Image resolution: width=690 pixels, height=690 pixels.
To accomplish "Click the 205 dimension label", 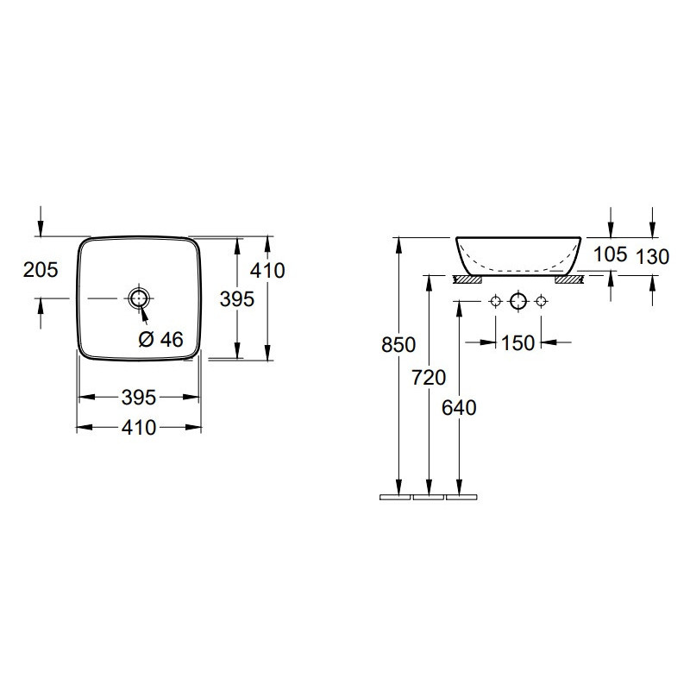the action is (x=41, y=270).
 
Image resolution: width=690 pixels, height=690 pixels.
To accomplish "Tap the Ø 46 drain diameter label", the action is (x=160, y=339).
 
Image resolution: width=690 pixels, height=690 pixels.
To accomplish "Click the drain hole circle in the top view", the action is (x=139, y=298).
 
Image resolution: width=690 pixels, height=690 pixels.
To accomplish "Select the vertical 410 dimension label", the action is (x=267, y=270).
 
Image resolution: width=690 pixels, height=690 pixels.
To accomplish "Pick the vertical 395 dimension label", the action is (x=237, y=299).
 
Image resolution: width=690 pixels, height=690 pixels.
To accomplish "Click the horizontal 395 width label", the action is (x=139, y=398).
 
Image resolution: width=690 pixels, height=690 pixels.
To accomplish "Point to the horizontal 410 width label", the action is (x=139, y=427).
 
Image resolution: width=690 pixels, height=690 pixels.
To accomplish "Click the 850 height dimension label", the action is (x=398, y=344).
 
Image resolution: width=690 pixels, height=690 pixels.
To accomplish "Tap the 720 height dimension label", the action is (x=429, y=378).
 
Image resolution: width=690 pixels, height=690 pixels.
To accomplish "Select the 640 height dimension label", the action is (x=459, y=408).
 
